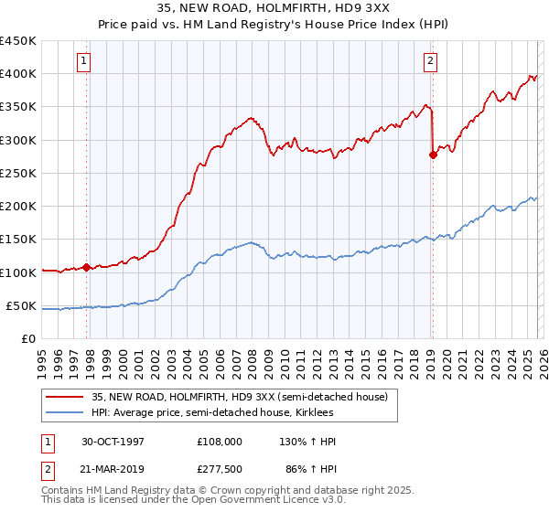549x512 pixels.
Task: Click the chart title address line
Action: (274, 8)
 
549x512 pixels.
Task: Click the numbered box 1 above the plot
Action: (83, 61)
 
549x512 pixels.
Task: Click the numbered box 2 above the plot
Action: (429, 61)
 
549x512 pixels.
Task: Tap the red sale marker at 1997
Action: (87, 268)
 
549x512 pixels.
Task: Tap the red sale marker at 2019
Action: (433, 155)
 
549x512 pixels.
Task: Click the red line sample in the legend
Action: (66, 397)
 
